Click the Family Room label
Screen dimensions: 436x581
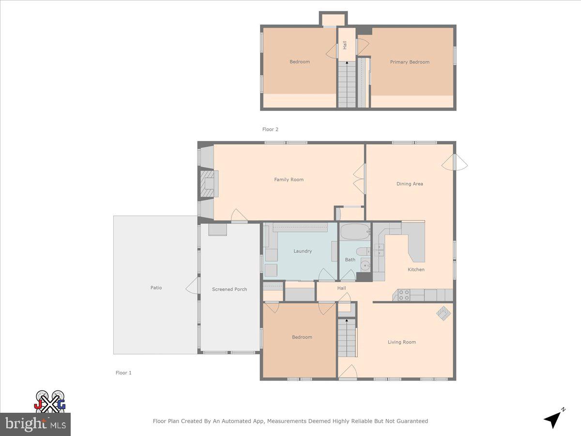(289, 180)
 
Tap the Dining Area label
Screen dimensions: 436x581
(410, 184)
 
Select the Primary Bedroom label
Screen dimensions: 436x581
(410, 62)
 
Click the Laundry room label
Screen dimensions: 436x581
(303, 251)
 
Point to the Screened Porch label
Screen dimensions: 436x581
(229, 289)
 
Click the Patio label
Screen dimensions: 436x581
(156, 288)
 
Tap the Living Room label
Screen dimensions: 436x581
(401, 342)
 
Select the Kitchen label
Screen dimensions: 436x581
(416, 269)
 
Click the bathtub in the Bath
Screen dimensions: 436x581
(354, 232)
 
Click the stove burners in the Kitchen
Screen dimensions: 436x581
(404, 295)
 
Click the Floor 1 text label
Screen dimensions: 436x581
(123, 373)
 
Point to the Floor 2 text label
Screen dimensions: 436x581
(270, 129)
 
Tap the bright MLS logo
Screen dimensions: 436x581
(35, 424)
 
